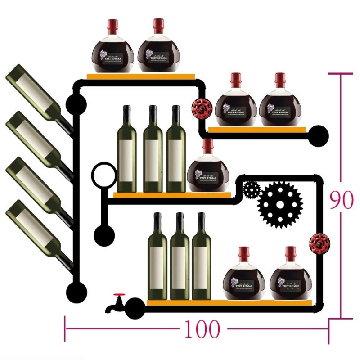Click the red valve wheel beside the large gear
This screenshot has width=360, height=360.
tap(319, 243)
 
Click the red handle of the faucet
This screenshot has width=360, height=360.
tap(119, 296)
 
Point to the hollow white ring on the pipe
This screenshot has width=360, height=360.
tap(104, 175)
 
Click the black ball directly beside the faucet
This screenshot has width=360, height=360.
tap(135, 309)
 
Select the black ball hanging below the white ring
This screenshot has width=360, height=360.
tap(104, 234)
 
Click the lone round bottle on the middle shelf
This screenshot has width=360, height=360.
tap(208, 170)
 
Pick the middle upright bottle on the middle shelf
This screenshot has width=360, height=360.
tap(153, 151)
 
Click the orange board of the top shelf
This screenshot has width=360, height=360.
tap(141, 76)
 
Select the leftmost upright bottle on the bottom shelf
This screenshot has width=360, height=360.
tap(157, 258)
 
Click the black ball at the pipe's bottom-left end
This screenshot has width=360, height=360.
tap(76, 292)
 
